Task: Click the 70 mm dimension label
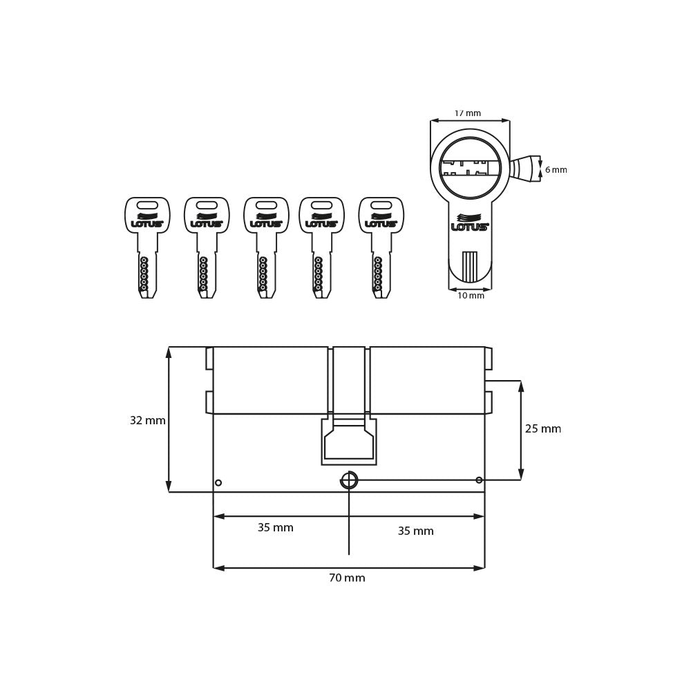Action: pyautogui.click(x=347, y=578)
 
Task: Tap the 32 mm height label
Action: pyautogui.click(x=147, y=421)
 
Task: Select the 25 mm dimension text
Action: pyautogui.click(x=542, y=429)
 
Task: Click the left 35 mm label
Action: pyautogui.click(x=275, y=528)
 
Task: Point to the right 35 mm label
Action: pyautogui.click(x=415, y=531)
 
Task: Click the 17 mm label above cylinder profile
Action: pyautogui.click(x=468, y=113)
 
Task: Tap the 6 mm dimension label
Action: pyautogui.click(x=555, y=170)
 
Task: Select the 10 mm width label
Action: pyautogui.click(x=471, y=296)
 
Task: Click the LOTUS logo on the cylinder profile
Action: pyautogui.click(x=469, y=223)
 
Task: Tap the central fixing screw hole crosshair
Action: pyautogui.click(x=349, y=480)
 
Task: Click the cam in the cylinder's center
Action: pyautogui.click(x=349, y=440)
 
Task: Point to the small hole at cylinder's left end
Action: pyautogui.click(x=218, y=482)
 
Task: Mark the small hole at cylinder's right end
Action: pyautogui.click(x=479, y=480)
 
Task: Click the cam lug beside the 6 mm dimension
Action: pyautogui.click(x=523, y=169)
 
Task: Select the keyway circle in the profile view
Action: pyautogui.click(x=470, y=168)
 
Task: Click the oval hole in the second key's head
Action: pyautogui.click(x=207, y=205)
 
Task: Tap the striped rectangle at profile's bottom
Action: pyautogui.click(x=470, y=267)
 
